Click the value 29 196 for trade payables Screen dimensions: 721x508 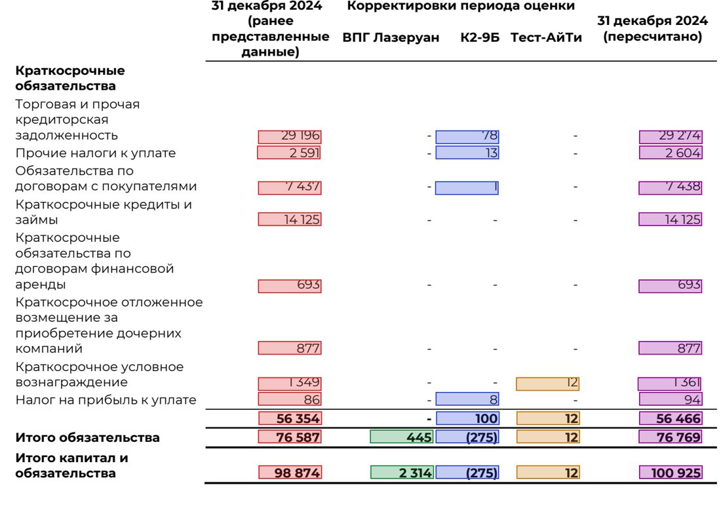click(290, 136)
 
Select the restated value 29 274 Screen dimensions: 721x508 click(671, 136)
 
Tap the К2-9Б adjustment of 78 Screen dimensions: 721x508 click(467, 136)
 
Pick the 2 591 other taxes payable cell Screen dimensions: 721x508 click(289, 153)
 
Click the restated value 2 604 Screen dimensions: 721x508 click(671, 153)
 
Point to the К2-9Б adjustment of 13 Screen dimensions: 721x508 click(467, 153)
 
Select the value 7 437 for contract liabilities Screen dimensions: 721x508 click(290, 187)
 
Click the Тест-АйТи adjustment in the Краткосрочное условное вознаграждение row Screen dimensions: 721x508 click(548, 383)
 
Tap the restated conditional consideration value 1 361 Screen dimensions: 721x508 click(669, 383)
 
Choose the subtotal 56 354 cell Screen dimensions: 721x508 click(290, 418)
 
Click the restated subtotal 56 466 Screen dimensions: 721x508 click(671, 418)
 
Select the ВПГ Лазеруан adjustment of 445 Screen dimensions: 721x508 click(401, 437)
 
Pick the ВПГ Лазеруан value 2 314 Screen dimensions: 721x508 click(402, 473)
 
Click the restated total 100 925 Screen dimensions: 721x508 click(671, 473)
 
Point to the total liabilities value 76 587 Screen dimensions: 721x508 click(290, 437)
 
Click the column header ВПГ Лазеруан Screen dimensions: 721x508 click(391, 37)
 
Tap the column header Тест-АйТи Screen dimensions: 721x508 click(546, 37)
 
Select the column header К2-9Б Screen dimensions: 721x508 click(480, 37)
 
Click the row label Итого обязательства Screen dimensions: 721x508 click(87, 437)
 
